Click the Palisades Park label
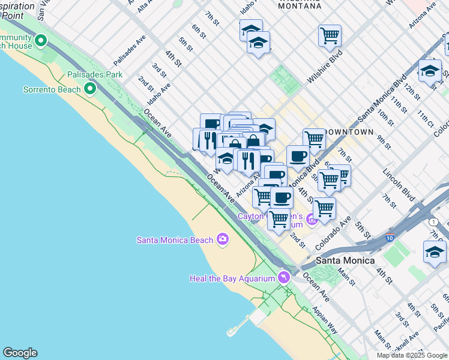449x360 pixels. pos(95,74)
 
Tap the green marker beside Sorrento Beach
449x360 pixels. pos(90,89)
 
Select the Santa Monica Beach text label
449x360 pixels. pos(175,240)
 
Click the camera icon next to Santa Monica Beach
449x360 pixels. pos(223,239)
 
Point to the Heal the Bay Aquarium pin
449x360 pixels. pos(283,277)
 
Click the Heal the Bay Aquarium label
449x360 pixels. pos(231,278)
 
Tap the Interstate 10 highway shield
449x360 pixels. pos(391,238)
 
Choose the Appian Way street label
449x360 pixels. pos(324,319)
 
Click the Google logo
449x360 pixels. pos(20,353)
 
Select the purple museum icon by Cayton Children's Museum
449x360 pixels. pos(312,220)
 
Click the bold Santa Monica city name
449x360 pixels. pos(345,260)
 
